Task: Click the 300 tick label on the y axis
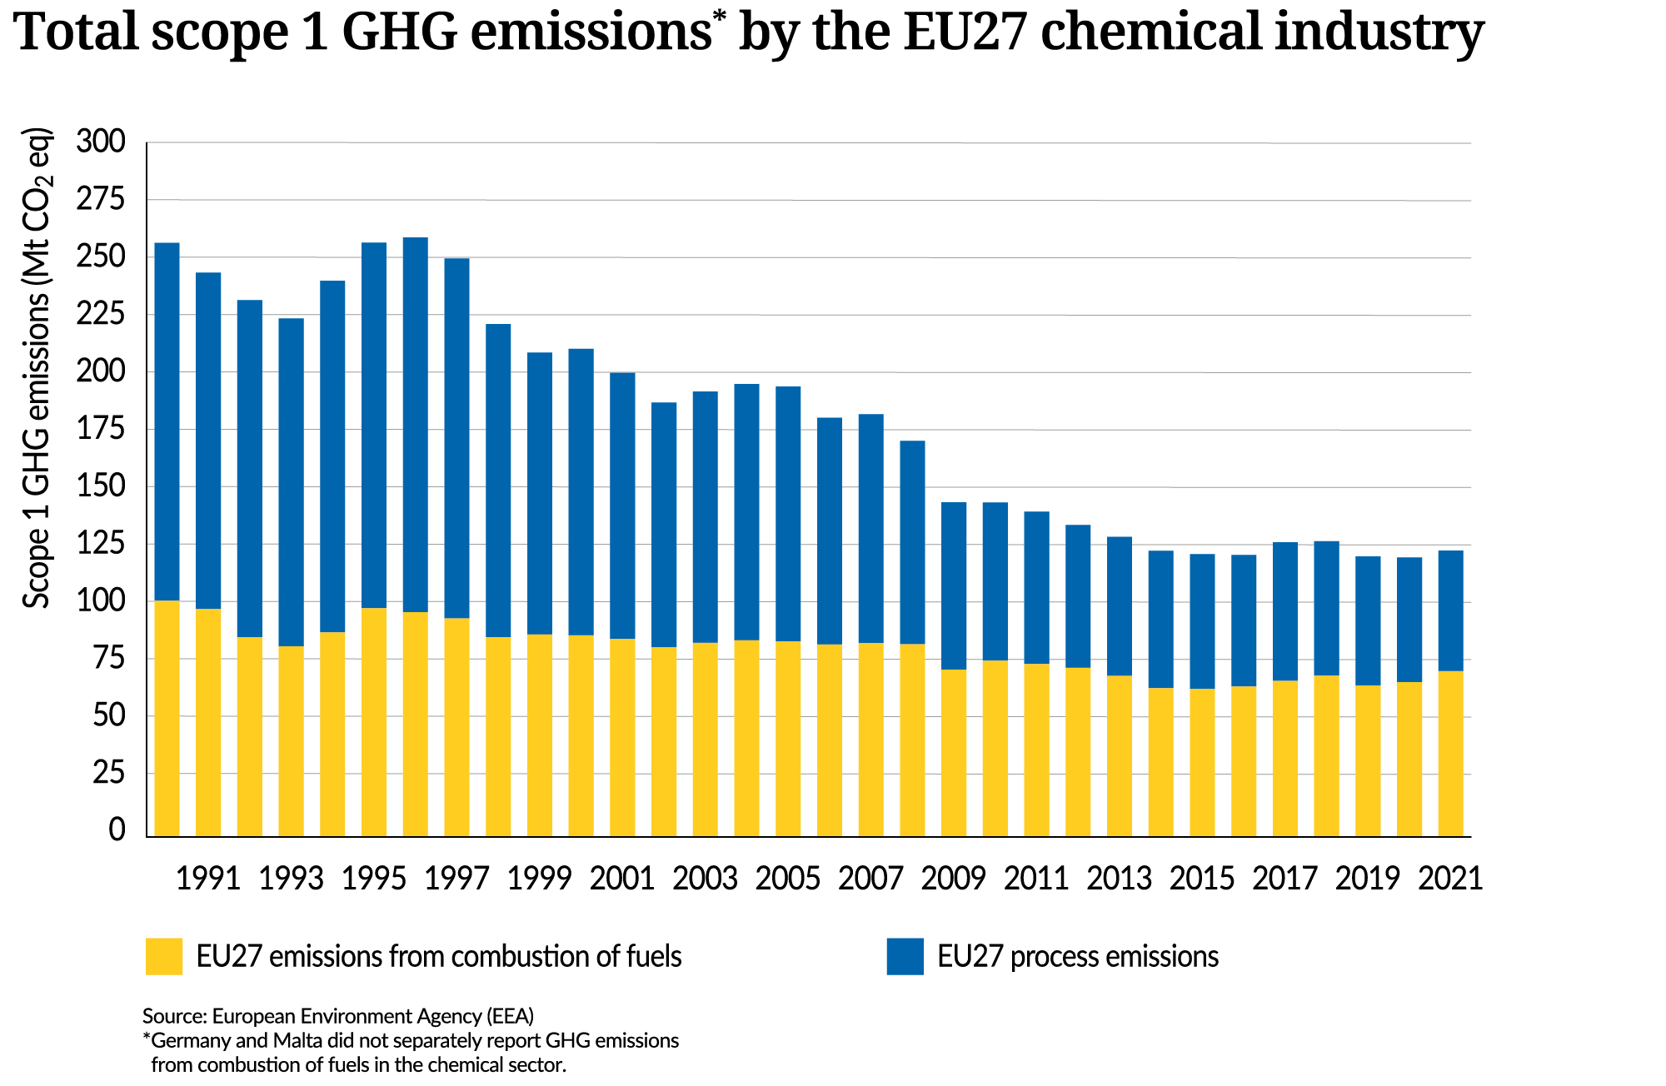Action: pos(101,142)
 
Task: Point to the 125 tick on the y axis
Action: pos(101,545)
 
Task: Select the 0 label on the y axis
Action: pos(117,829)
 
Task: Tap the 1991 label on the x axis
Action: pos(208,879)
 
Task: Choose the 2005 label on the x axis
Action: pos(788,879)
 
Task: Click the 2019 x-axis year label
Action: pos(1368,879)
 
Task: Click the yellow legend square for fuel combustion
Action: pos(163,956)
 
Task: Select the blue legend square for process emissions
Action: pos(905,956)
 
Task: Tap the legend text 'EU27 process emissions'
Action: pos(1078,957)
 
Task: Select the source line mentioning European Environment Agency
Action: pos(338,1016)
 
